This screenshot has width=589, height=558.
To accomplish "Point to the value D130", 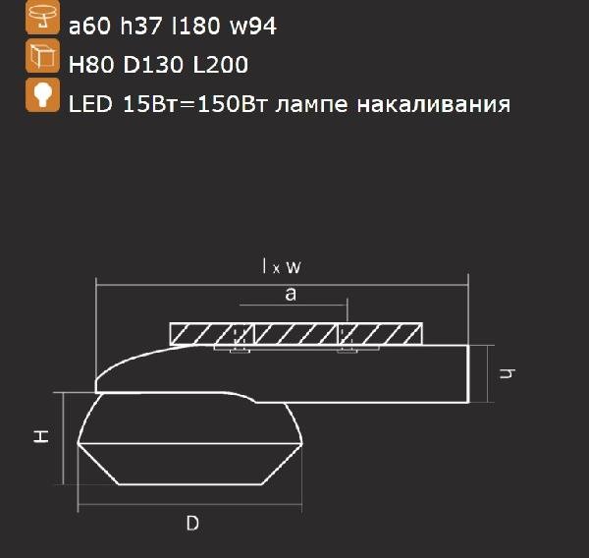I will (x=150, y=65).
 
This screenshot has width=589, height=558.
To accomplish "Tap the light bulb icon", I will (x=42, y=97).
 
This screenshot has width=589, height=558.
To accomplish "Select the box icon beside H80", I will (x=42, y=57).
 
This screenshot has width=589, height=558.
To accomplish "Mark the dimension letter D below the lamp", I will (x=192, y=524).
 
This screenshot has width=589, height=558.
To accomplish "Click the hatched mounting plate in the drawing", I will (x=296, y=333).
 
